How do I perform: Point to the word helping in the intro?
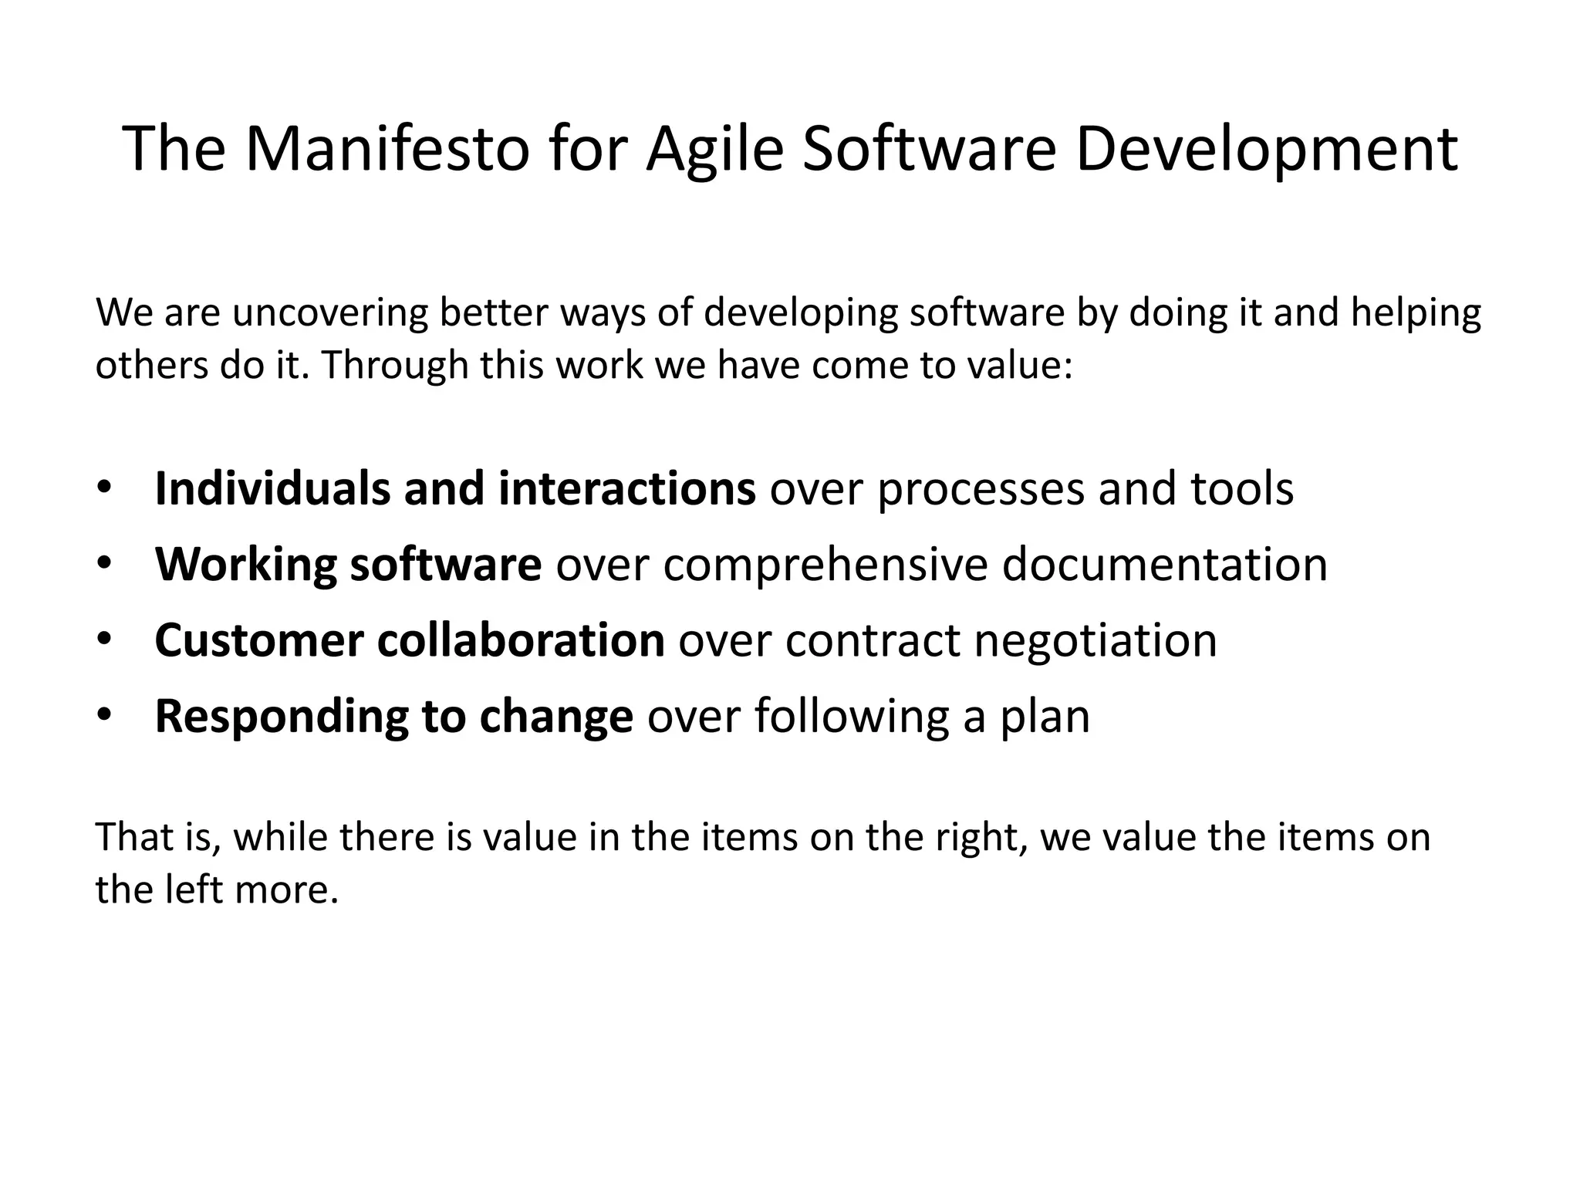1416,313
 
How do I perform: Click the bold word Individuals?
272,489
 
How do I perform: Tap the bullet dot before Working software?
104,565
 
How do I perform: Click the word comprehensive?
825,565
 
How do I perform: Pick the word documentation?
1165,565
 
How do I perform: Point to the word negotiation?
1096,640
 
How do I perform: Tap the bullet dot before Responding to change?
104,716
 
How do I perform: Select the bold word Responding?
281,716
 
